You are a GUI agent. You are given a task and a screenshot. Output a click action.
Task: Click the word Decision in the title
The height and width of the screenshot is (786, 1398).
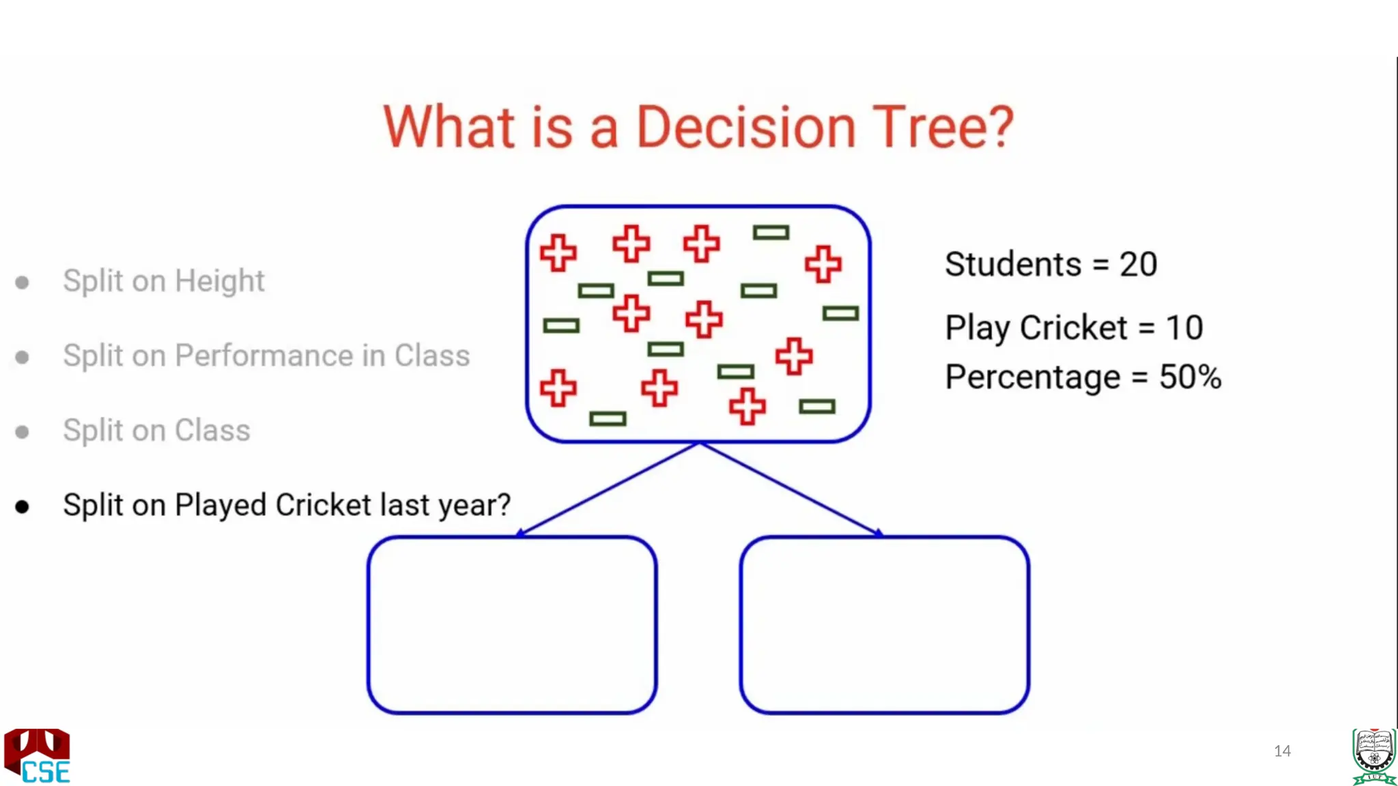coord(745,128)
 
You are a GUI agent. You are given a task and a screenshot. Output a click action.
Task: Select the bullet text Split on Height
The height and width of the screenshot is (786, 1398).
coord(163,281)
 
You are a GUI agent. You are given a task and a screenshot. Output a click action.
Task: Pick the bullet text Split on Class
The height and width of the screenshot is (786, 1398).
coord(156,431)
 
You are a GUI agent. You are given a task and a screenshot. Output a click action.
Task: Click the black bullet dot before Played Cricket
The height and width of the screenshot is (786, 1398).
coord(23,507)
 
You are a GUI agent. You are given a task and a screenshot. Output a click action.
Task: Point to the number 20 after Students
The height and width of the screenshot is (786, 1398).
coord(1138,265)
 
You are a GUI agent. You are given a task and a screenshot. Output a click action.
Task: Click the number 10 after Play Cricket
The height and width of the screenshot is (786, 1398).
coord(1184,328)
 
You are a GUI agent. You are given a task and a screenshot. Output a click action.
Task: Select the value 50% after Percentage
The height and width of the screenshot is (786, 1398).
coord(1190,377)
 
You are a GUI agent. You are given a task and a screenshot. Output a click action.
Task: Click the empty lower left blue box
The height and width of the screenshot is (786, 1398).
coord(512,624)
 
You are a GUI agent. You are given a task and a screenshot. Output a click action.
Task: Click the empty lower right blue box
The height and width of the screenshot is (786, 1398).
coord(884,624)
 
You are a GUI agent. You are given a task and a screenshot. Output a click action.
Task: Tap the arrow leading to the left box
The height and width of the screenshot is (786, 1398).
coord(608,489)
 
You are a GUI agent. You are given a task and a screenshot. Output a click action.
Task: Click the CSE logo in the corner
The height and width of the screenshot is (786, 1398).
coord(38,756)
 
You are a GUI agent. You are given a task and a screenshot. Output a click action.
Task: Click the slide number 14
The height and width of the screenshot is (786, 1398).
coord(1282,751)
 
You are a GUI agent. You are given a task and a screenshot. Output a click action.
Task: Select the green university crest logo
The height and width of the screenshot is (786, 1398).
coord(1373,756)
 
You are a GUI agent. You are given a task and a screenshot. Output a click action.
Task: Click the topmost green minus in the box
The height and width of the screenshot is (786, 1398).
coord(771,233)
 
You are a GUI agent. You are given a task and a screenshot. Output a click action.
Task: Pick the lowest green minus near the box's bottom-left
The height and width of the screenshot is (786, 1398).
coord(608,418)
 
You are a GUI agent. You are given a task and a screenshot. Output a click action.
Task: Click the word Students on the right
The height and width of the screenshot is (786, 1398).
coord(1013,265)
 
